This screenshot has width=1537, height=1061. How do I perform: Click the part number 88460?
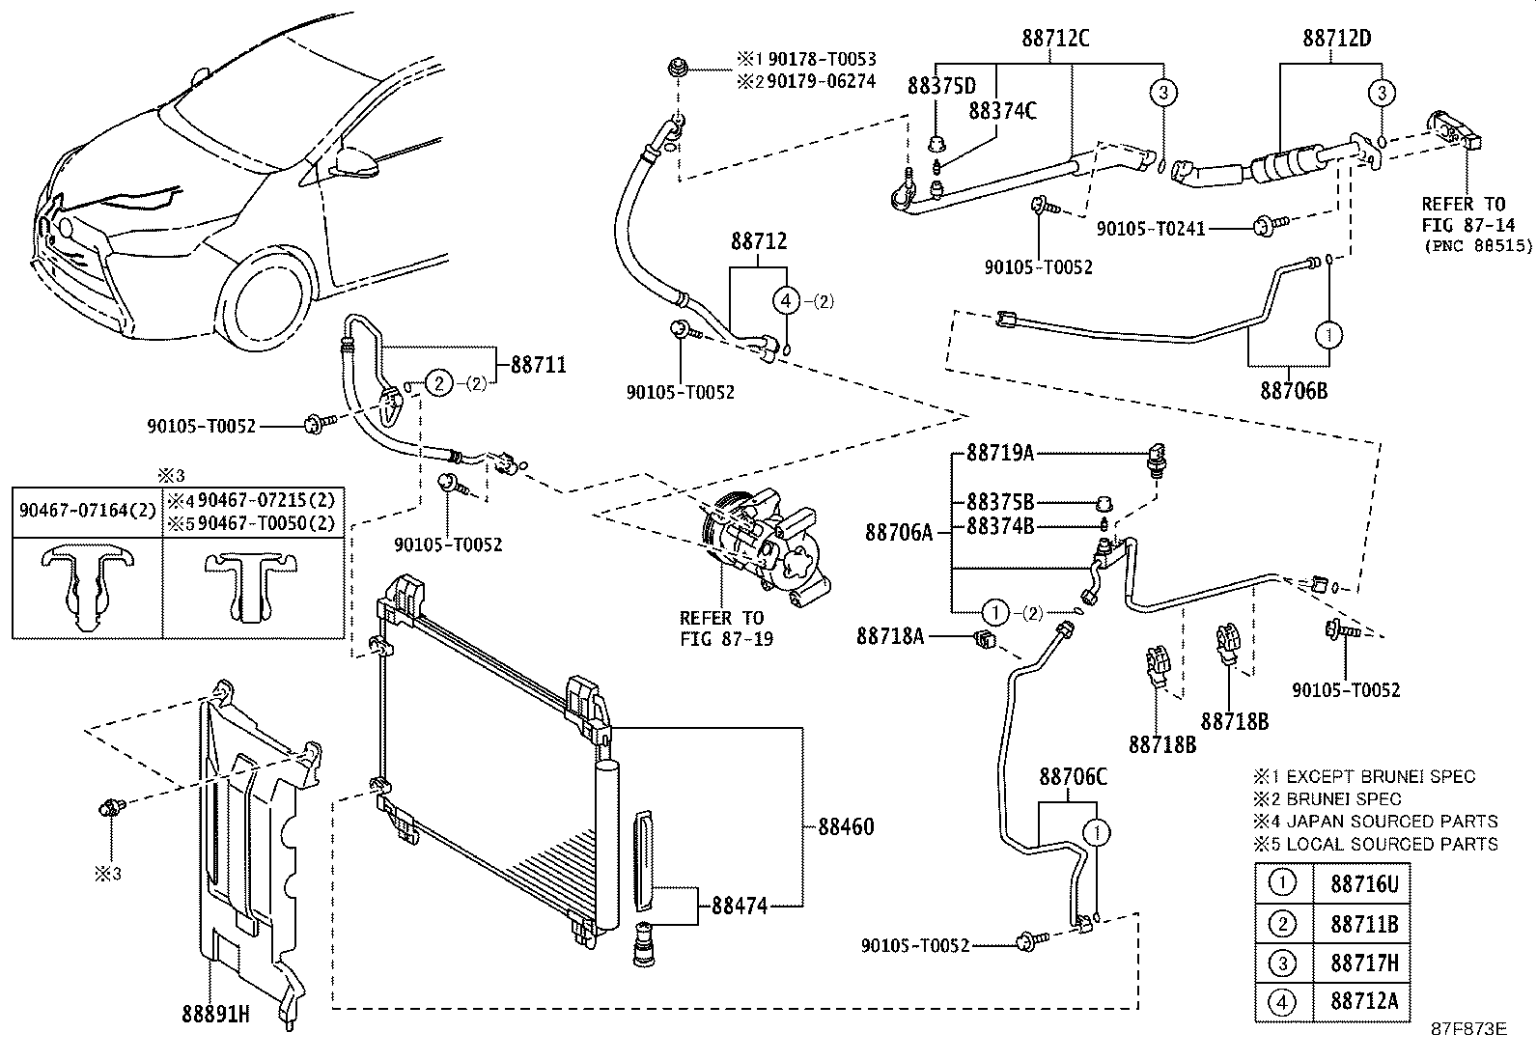click(846, 827)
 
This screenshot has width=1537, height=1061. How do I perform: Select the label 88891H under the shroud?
click(215, 1015)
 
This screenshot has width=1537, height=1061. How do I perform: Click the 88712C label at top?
click(1055, 38)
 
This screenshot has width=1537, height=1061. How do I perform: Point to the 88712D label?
click(1337, 38)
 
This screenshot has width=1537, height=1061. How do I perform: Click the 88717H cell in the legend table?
click(1364, 963)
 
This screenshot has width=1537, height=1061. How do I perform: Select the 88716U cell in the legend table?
click(1364, 884)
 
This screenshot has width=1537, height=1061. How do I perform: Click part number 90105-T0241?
click(1151, 229)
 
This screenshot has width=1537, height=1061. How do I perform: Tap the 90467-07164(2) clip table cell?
click(88, 511)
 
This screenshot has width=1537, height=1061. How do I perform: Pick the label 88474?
click(739, 906)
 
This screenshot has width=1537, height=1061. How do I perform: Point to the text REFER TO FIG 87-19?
click(726, 628)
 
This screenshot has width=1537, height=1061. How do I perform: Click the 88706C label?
click(1074, 777)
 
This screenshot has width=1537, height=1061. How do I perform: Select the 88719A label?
click(1000, 453)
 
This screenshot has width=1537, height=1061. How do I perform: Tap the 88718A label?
click(890, 637)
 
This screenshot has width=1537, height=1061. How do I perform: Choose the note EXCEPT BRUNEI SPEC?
click(1381, 777)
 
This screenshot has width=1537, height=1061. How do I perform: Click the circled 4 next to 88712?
click(786, 300)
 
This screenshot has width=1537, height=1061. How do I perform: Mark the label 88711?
click(539, 364)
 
